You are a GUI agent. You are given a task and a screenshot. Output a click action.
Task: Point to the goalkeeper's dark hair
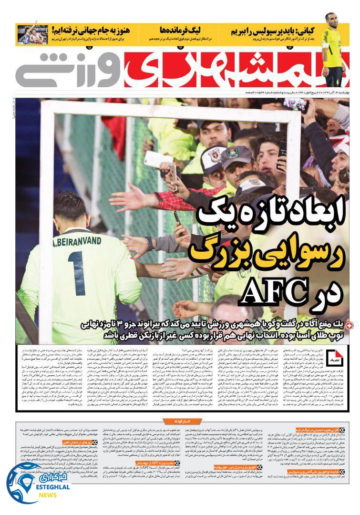(69, 205)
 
